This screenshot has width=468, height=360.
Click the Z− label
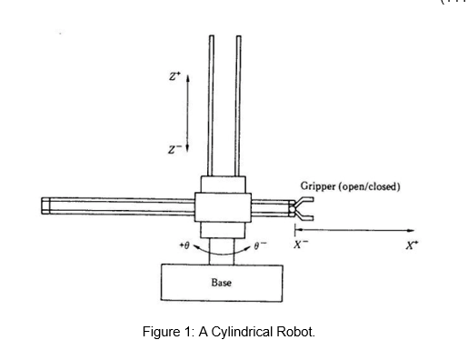click(x=173, y=147)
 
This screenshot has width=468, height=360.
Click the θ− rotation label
click(x=263, y=245)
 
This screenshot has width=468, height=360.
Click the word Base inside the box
click(x=221, y=283)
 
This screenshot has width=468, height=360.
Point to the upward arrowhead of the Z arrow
click(x=187, y=79)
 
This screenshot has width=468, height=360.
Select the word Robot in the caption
click(x=294, y=332)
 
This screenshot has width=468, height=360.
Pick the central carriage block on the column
click(x=224, y=205)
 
